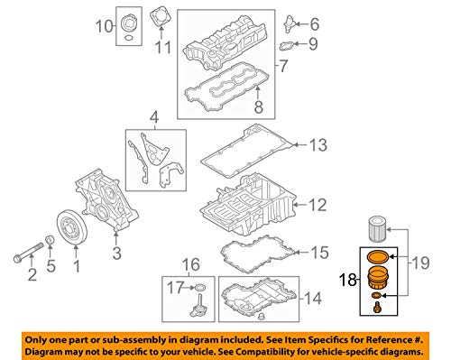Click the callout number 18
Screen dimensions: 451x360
click(348, 280)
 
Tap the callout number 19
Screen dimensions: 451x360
click(421, 263)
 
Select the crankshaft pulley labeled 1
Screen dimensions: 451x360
click(72, 229)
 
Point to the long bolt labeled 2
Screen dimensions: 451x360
click(29, 251)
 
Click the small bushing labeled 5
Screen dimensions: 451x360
click(50, 240)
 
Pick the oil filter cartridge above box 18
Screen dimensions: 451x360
click(377, 228)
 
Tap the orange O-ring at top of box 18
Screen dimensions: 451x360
click(377, 256)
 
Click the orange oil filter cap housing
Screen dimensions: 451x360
click(378, 278)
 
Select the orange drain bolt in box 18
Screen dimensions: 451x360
click(377, 308)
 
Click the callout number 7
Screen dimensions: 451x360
click(283, 66)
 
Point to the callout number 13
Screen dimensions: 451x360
click(318, 144)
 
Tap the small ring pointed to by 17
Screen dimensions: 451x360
click(200, 288)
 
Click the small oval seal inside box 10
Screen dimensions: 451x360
click(128, 38)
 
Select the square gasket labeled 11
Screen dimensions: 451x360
click(161, 18)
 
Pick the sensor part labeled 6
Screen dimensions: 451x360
click(290, 23)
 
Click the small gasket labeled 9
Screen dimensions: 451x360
click(286, 46)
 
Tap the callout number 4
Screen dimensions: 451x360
click(154, 118)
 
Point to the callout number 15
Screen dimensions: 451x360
click(319, 253)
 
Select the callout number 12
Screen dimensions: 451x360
click(318, 205)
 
